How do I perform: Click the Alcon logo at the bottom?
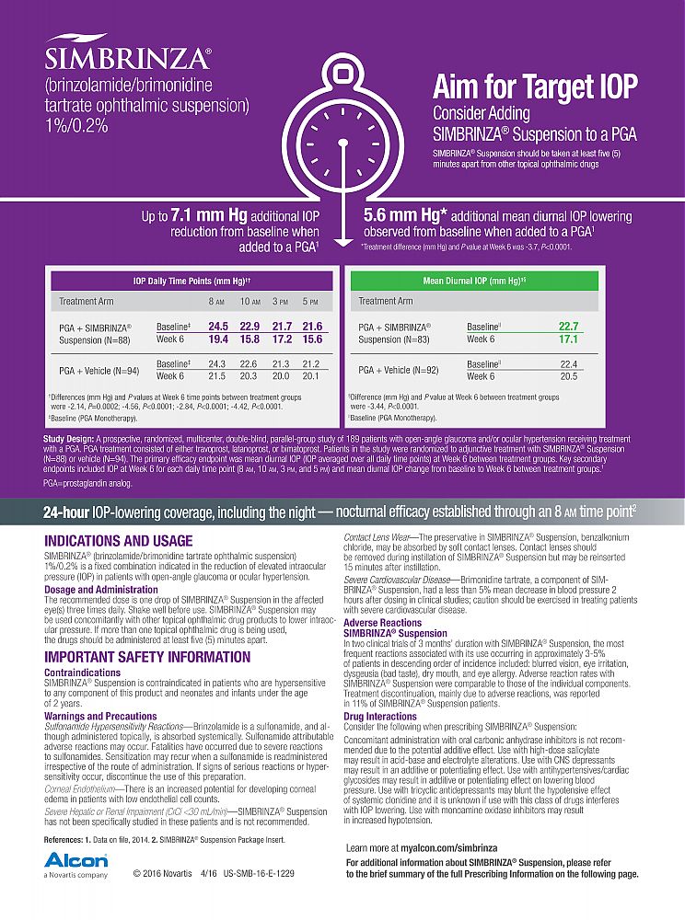75,862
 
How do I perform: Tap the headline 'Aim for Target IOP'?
535,86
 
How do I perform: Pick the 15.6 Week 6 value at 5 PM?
312,339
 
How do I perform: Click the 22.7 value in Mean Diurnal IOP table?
568,327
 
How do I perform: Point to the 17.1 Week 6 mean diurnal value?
568,339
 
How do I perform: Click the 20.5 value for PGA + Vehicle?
568,375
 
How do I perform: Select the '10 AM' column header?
250,301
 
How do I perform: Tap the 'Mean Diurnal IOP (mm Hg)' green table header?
473,280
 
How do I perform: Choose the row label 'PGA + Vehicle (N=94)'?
99,370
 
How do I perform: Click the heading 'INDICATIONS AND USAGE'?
119,541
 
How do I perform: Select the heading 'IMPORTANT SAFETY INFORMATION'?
147,657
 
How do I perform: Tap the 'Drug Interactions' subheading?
378,716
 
